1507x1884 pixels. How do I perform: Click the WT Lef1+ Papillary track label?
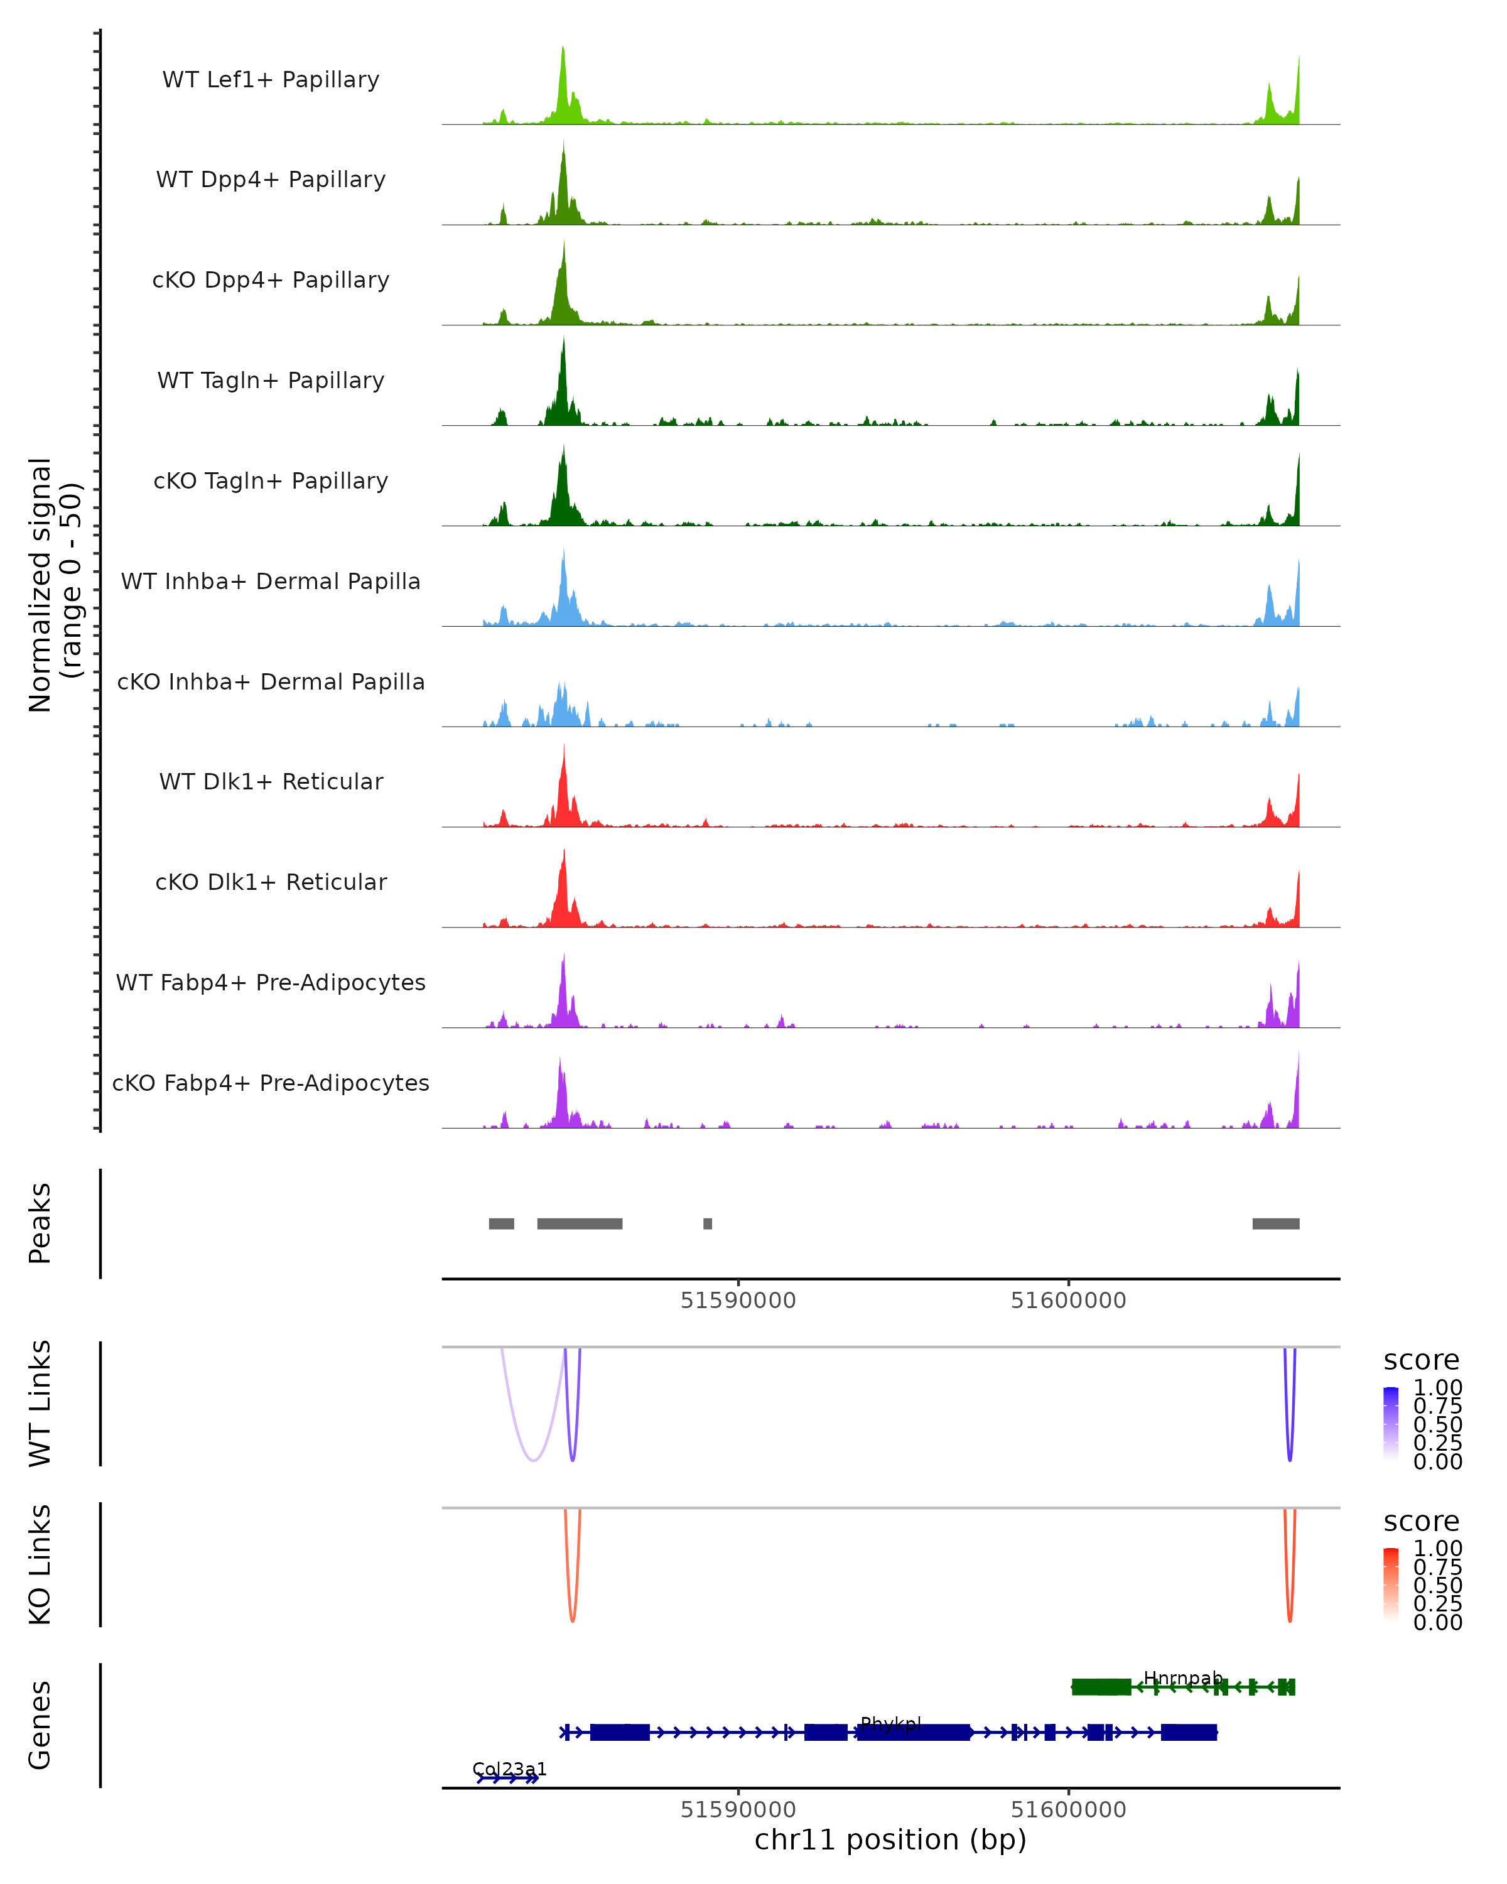coord(271,80)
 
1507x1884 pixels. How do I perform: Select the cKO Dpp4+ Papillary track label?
coord(271,281)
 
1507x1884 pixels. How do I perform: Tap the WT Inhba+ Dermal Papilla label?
coord(271,582)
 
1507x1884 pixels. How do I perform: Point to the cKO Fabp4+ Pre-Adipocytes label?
coord(271,1083)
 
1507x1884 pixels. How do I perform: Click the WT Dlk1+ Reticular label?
coord(271,782)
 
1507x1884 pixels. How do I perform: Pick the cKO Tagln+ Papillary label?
coord(271,482)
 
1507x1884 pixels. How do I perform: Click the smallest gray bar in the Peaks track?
coord(708,1224)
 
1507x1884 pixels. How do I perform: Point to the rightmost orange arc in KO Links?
coord(1290,1616)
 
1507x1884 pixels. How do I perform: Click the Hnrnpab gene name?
coord(1183,1679)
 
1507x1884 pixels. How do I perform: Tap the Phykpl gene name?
coord(890,1724)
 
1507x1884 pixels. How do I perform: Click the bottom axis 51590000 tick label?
coord(738,1810)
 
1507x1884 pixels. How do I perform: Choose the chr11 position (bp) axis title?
coord(890,1840)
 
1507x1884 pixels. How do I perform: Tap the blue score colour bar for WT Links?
coord(1391,1424)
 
